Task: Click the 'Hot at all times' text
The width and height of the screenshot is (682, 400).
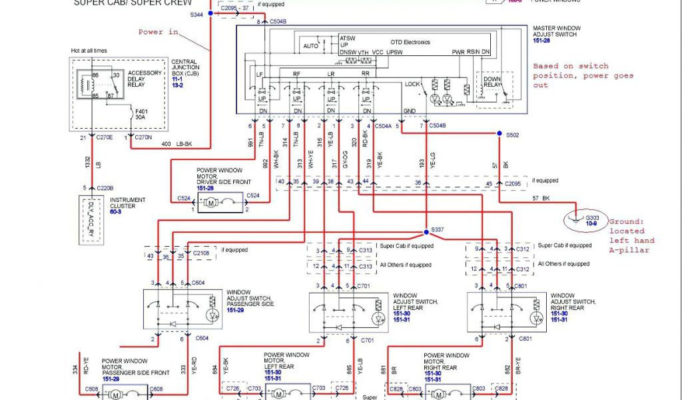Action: (x=89, y=51)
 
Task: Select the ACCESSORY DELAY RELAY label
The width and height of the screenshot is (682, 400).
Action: (x=145, y=78)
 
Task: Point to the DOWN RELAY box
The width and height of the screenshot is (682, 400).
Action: (x=492, y=83)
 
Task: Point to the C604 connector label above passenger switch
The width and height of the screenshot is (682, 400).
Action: (x=197, y=283)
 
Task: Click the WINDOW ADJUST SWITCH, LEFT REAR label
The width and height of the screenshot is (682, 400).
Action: (x=415, y=302)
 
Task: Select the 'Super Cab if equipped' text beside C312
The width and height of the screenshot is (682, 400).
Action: (x=565, y=245)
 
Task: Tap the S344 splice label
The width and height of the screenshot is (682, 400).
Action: (x=197, y=14)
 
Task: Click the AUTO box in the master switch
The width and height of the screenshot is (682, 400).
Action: (x=311, y=46)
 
